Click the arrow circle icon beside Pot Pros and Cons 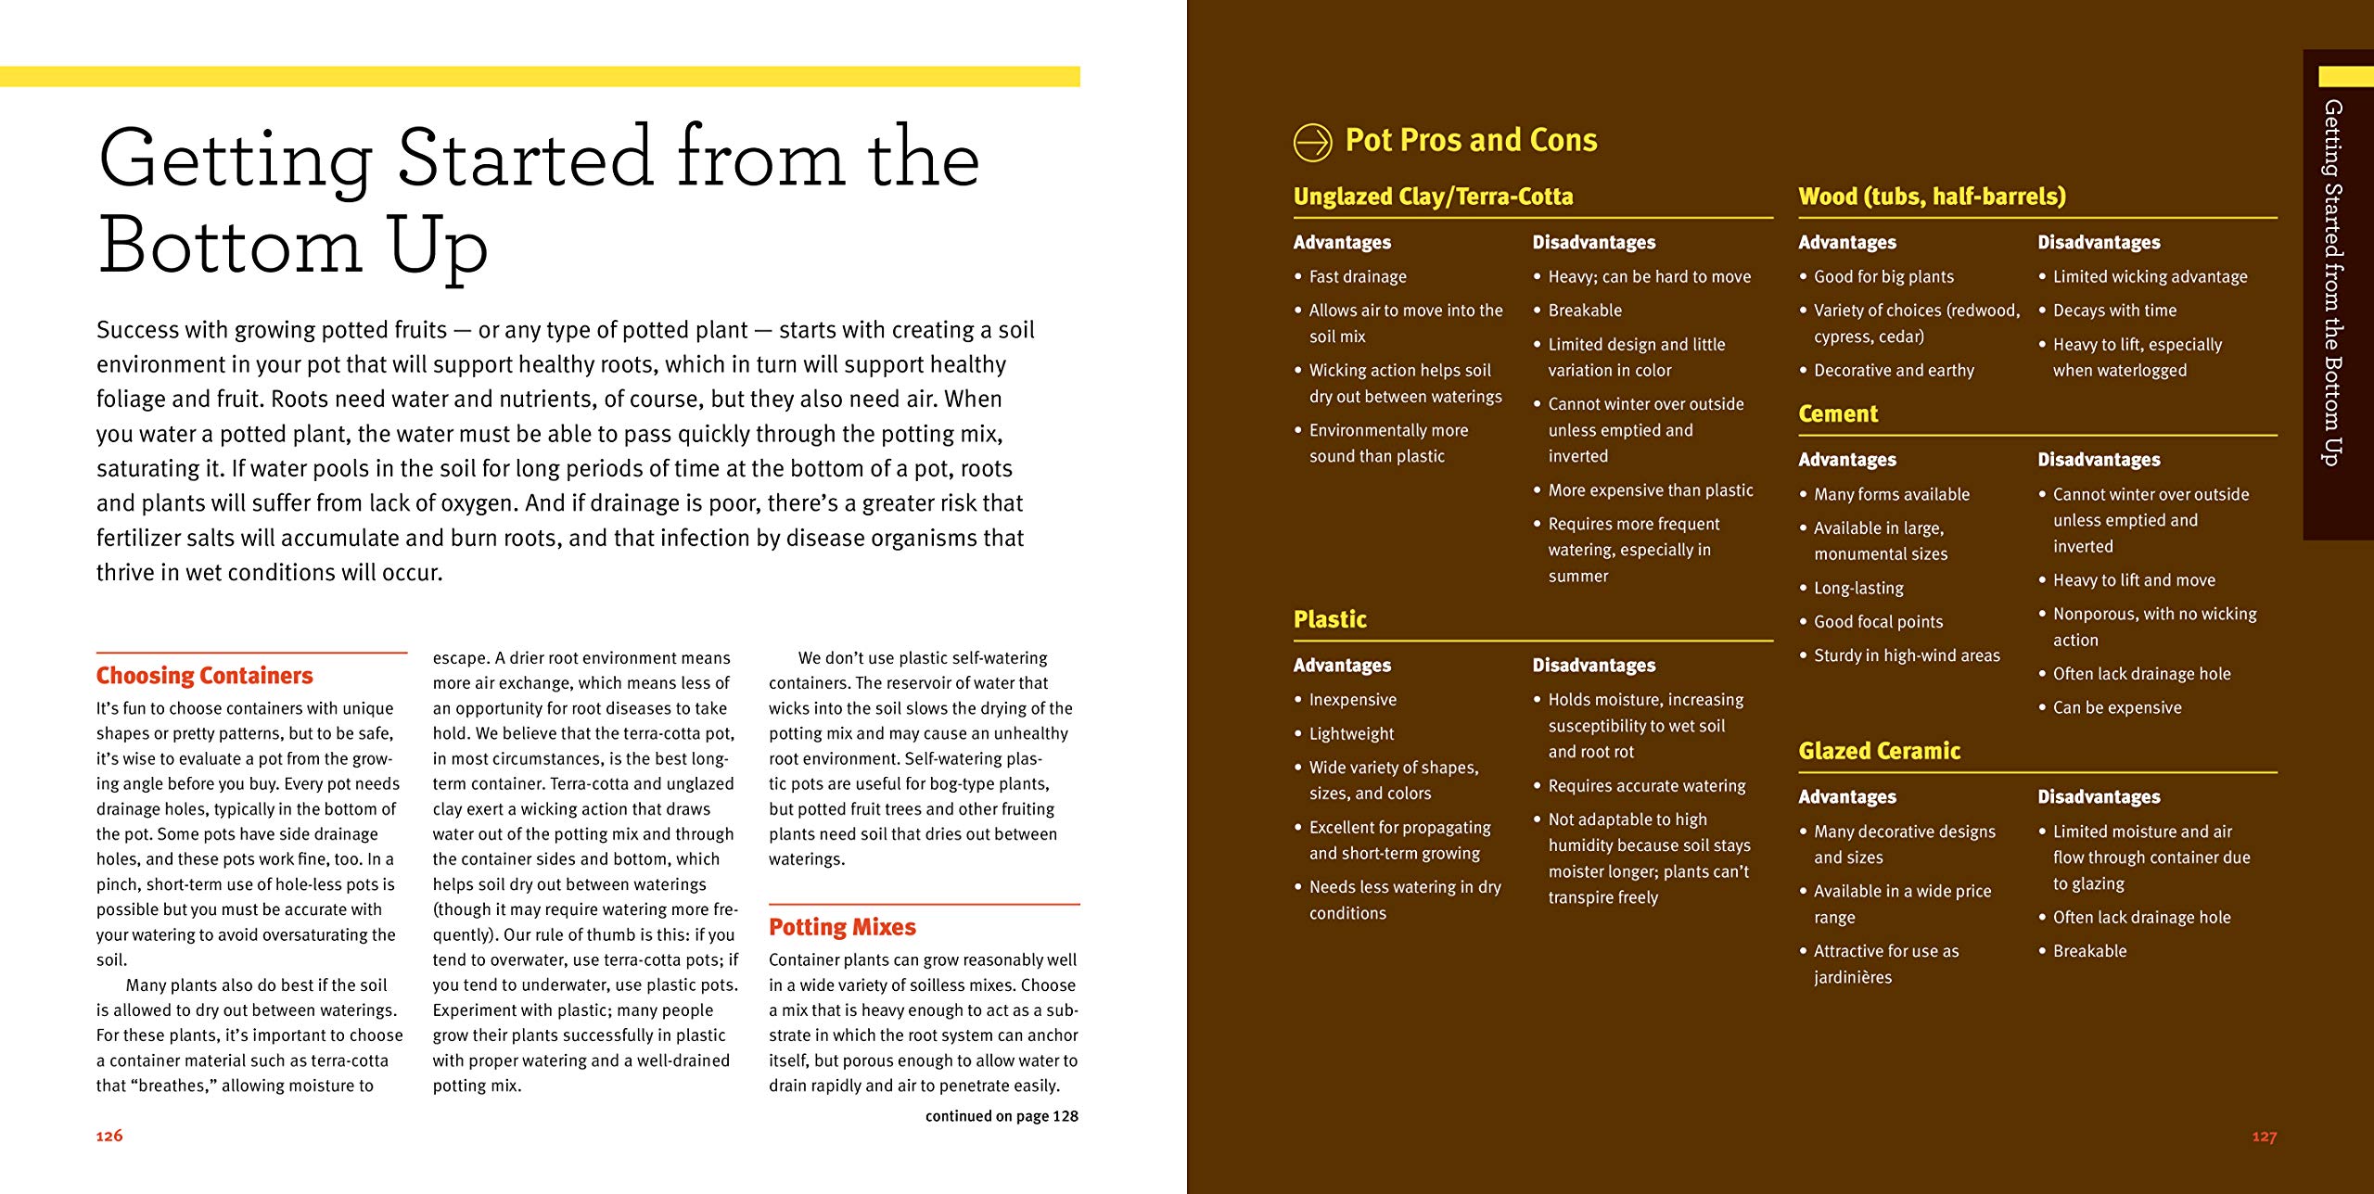point(1312,143)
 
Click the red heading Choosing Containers point(204,676)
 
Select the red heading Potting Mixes point(842,927)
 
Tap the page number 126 point(109,1136)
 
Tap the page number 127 point(2264,1137)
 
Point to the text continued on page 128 point(1002,1116)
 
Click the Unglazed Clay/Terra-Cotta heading point(1433,197)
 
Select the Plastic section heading point(1330,619)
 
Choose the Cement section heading point(1838,414)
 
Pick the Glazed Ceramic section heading point(1879,751)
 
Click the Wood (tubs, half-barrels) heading point(1932,197)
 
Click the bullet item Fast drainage point(1358,277)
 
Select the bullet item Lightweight point(1351,734)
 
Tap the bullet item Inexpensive point(1352,700)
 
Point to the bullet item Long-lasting point(1858,589)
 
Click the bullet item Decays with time point(2114,311)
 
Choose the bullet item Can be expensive point(2117,708)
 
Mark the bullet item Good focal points point(1878,622)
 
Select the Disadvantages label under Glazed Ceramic point(2099,797)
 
